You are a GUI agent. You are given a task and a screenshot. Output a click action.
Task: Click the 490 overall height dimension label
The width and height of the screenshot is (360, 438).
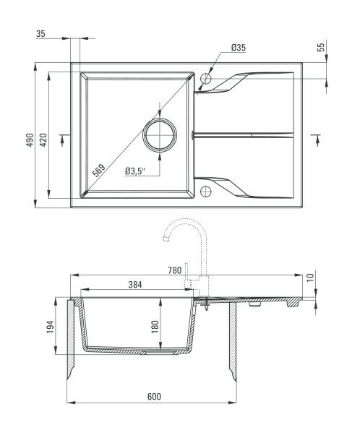30,139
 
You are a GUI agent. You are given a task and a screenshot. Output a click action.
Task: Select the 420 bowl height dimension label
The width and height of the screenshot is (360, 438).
43,139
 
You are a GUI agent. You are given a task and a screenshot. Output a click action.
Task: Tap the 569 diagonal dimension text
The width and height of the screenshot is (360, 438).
99,170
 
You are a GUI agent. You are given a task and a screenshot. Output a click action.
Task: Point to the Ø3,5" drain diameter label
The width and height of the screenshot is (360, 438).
135,171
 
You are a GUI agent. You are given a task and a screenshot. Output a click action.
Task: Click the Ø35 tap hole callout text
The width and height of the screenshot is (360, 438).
239,48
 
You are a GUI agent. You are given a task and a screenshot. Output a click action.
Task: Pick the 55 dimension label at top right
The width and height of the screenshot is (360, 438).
321,47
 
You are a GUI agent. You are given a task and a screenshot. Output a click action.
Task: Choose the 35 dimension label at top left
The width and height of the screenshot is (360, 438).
40,34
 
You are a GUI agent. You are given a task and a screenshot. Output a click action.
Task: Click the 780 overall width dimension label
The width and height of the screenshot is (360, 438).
175,270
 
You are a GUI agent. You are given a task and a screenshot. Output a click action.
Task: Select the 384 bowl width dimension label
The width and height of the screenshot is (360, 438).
135,285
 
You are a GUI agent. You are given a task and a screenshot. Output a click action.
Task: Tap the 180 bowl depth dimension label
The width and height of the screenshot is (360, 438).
155,327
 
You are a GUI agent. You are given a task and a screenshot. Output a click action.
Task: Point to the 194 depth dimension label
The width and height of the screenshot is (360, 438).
50,327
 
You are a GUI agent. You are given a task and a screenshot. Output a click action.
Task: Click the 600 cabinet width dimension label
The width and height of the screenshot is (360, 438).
154,396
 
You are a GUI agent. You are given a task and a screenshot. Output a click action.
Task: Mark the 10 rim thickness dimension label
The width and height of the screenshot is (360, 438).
310,278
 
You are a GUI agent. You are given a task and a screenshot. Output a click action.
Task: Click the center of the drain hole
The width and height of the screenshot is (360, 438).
160,135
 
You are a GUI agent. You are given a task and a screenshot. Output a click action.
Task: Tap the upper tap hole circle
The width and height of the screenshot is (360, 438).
206,78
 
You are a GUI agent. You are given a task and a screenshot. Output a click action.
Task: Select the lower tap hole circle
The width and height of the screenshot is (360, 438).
206,192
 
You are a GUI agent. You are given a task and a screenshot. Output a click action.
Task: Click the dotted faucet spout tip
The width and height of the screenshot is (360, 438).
166,239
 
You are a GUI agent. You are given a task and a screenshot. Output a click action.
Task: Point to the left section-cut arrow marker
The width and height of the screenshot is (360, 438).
64,139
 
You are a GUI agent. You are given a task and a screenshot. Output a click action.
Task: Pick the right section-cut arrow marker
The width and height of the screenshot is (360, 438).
316,139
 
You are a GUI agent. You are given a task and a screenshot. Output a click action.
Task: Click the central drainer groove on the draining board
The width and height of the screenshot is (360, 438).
243,135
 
